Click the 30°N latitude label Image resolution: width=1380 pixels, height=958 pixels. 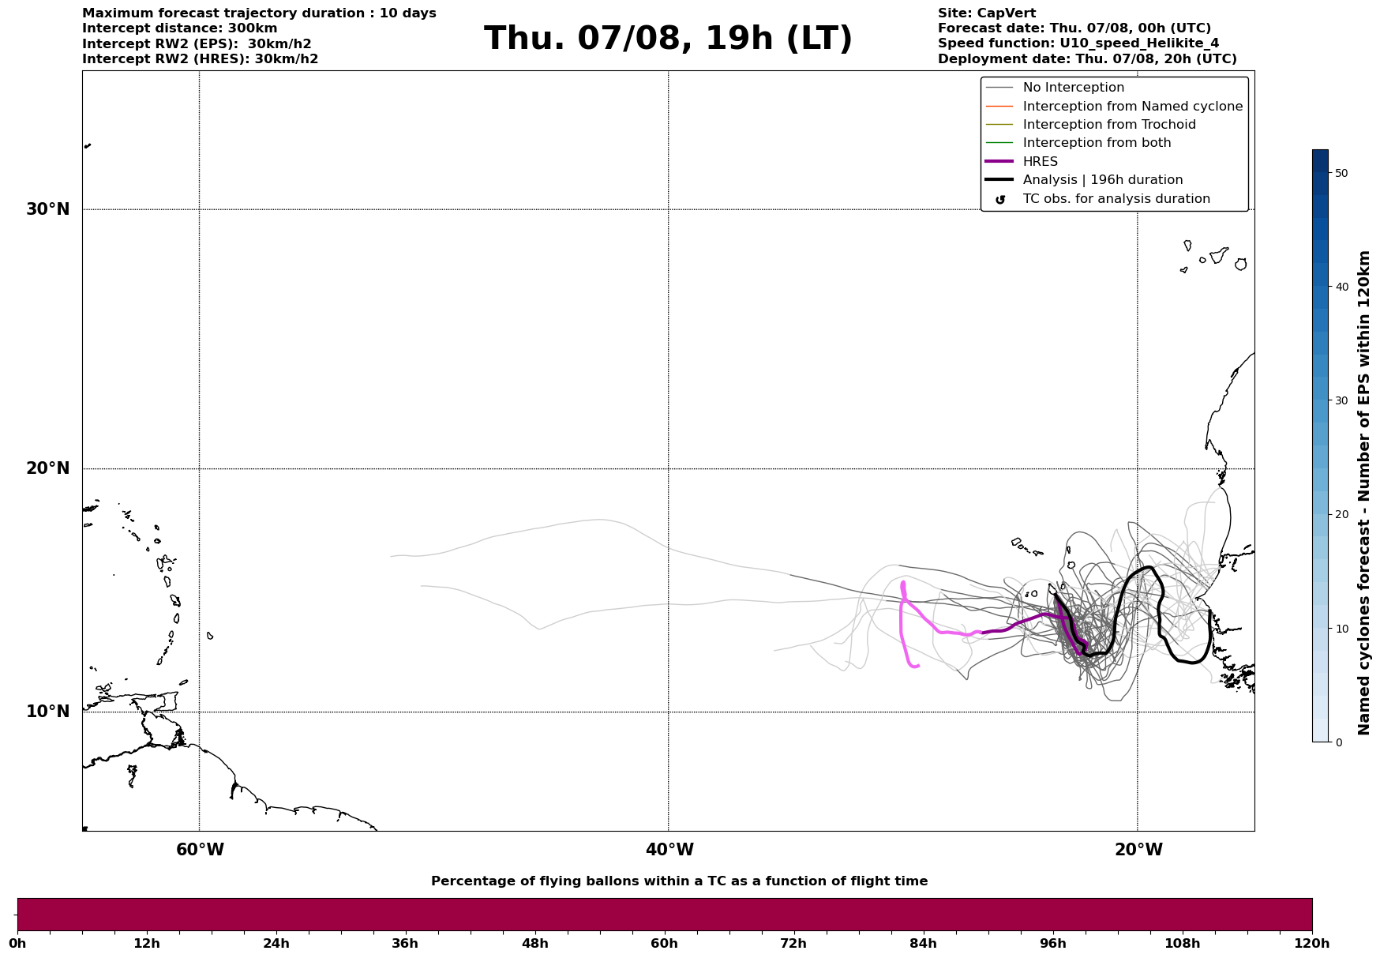coord(47,209)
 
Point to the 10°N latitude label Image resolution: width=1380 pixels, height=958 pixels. coord(47,712)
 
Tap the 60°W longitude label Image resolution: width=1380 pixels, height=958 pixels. coord(200,850)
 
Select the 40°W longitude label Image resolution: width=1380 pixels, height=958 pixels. coord(669,850)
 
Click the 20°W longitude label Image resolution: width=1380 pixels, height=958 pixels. coord(1138,850)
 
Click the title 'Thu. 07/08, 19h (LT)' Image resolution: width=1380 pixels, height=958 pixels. coord(668,39)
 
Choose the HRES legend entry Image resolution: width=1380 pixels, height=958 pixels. coord(1040,162)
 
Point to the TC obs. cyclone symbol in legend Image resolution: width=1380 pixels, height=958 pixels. coord(1000,199)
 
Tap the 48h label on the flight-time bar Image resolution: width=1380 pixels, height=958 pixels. coord(534,944)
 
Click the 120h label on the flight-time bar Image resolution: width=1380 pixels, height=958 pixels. coord(1312,944)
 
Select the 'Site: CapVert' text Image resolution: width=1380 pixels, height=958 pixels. coord(987,13)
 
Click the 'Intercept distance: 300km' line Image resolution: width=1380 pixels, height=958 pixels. coord(180,28)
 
